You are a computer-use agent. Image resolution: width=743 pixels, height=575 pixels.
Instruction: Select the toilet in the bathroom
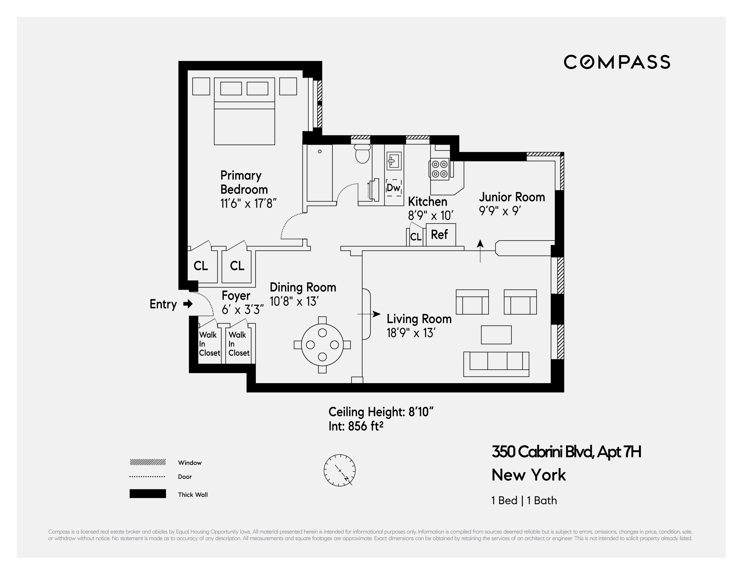point(362,154)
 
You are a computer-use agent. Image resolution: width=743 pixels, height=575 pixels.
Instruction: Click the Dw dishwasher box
point(394,188)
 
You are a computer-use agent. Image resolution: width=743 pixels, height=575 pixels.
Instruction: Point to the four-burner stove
point(439,169)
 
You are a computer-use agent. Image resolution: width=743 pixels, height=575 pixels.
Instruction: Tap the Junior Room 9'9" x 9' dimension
point(500,211)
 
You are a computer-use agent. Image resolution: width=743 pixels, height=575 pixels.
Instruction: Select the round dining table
point(322,345)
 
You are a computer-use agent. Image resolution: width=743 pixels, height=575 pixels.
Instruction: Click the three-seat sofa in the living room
point(496,364)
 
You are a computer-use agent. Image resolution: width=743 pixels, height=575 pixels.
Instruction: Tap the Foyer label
point(236,295)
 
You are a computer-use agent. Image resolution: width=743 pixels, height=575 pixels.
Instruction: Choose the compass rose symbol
point(339,470)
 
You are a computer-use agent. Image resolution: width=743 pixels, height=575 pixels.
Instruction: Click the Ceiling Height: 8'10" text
point(381,412)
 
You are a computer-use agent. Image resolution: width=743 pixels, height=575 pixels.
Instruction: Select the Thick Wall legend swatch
point(148,494)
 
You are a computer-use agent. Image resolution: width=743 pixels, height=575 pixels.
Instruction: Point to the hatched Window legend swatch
point(148,462)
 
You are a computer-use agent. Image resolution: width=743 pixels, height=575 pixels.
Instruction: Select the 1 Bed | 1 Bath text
point(524,500)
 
